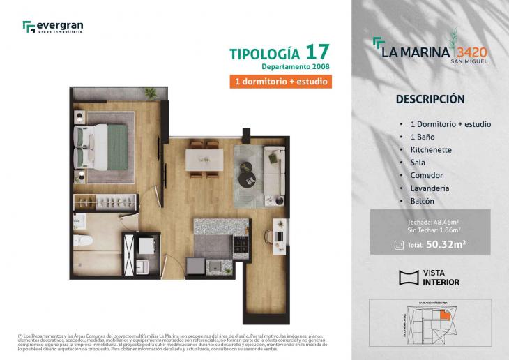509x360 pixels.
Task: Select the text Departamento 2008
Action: pyautogui.click(x=295, y=67)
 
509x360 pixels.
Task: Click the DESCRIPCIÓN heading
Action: pyautogui.click(x=430, y=99)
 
